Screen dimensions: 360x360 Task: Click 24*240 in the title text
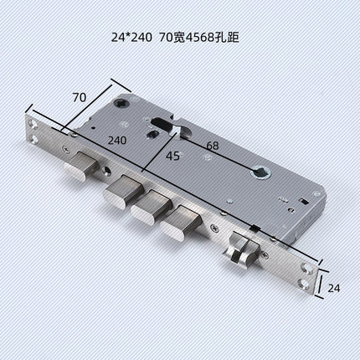[132, 36]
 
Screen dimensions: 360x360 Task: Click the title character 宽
[177, 36]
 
